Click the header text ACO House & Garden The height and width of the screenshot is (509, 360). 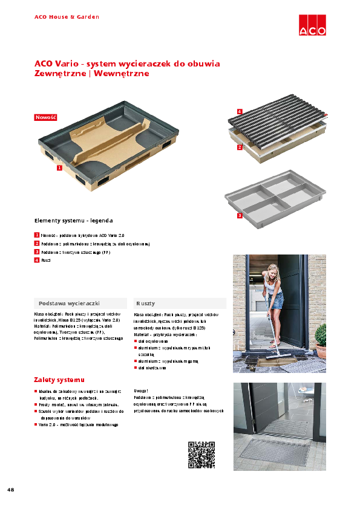(67, 17)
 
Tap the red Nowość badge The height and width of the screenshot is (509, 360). (45, 117)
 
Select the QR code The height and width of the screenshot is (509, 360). (201, 455)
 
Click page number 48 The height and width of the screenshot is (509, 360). (11, 488)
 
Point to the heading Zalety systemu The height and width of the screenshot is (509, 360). (59, 380)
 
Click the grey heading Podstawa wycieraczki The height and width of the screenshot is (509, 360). (69, 303)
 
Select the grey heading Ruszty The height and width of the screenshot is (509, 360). (146, 303)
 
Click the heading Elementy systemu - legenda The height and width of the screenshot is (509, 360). (73, 221)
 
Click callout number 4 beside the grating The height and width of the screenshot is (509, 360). (240, 112)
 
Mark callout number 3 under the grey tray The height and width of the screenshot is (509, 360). (240, 215)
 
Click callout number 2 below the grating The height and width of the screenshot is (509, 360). (240, 147)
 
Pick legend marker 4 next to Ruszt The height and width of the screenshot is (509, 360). (37, 260)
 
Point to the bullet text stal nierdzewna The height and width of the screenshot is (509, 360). (152, 368)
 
